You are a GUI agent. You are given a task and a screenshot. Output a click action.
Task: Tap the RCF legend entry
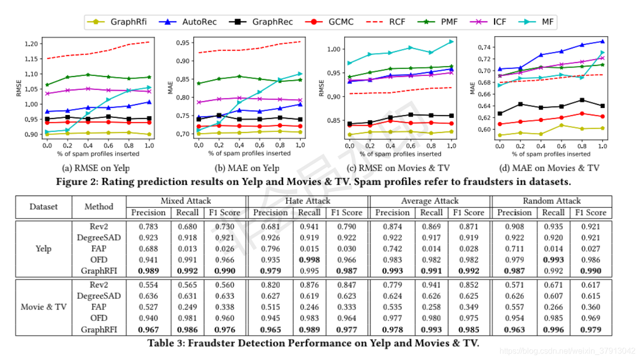pyautogui.click(x=387, y=22)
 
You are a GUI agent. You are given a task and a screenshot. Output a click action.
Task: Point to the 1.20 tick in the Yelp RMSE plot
pyautogui.click(x=32, y=44)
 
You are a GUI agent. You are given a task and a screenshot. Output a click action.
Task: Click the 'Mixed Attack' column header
pyautogui.click(x=185, y=201)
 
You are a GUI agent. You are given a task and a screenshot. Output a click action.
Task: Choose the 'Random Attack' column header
pyautogui.click(x=551, y=201)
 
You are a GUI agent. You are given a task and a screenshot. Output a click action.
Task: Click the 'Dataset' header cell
pyautogui.click(x=43, y=206)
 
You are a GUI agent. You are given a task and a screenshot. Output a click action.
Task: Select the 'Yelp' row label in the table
pyautogui.click(x=43, y=248)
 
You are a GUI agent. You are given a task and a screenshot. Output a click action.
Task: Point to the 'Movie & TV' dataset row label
pyautogui.click(x=43, y=306)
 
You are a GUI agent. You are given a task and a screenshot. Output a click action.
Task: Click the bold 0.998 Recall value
pyautogui.click(x=309, y=259)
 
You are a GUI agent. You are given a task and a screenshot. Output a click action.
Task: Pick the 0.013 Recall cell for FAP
pyautogui.click(x=186, y=248)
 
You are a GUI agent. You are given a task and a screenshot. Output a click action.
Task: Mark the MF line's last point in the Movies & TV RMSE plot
pyautogui.click(x=451, y=41)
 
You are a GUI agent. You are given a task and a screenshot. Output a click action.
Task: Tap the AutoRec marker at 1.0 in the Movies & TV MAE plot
pyautogui.click(x=602, y=41)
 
